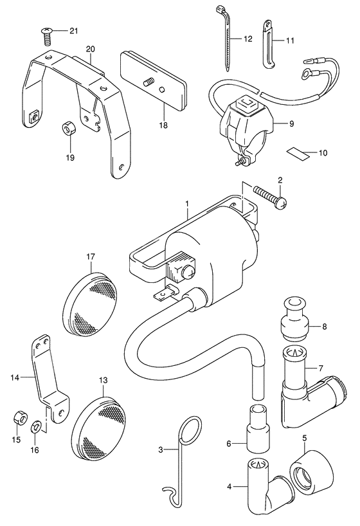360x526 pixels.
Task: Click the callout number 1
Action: (x=187, y=204)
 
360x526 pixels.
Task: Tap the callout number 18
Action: (x=163, y=125)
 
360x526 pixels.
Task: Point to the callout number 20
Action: (x=90, y=49)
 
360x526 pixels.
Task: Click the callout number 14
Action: (x=15, y=377)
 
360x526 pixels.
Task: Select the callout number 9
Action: (x=291, y=124)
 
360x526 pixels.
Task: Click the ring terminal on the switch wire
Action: (x=306, y=73)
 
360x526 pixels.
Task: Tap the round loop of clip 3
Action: (x=190, y=430)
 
